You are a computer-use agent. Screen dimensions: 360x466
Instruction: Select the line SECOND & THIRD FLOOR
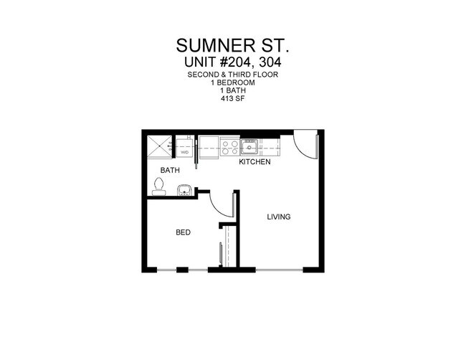233,75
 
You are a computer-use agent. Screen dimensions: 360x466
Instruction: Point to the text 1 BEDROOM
233,83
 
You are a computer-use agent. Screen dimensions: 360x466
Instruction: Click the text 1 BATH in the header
233,91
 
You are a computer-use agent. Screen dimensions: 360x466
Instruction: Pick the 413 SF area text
233,99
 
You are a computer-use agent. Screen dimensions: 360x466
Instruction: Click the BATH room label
170,171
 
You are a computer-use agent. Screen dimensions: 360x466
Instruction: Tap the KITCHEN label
255,162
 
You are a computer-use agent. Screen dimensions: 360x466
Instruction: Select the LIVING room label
279,217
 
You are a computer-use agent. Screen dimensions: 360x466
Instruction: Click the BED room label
184,232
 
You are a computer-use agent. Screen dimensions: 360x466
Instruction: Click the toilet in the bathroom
158,186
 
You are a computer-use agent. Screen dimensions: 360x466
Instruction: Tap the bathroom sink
184,190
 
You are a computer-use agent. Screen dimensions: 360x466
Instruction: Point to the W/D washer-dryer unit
184,148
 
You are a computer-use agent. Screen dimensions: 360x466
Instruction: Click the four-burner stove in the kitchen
230,146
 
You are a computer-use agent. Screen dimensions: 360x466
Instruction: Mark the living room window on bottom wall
279,270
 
